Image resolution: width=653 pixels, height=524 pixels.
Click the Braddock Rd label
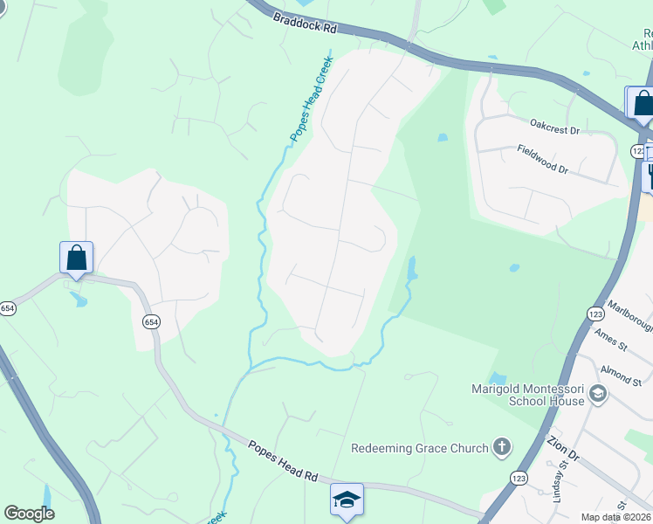(x=304, y=23)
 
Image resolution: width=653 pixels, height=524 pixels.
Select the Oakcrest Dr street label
(x=555, y=129)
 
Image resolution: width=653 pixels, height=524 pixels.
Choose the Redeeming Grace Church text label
(x=420, y=448)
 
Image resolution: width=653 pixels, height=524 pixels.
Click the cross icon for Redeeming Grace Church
(x=501, y=448)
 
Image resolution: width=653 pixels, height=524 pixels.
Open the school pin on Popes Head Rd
(x=347, y=499)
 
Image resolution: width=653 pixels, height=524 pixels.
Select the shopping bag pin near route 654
(x=77, y=258)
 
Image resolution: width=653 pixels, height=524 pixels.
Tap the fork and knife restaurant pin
(x=650, y=176)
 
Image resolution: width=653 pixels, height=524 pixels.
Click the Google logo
(x=29, y=514)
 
